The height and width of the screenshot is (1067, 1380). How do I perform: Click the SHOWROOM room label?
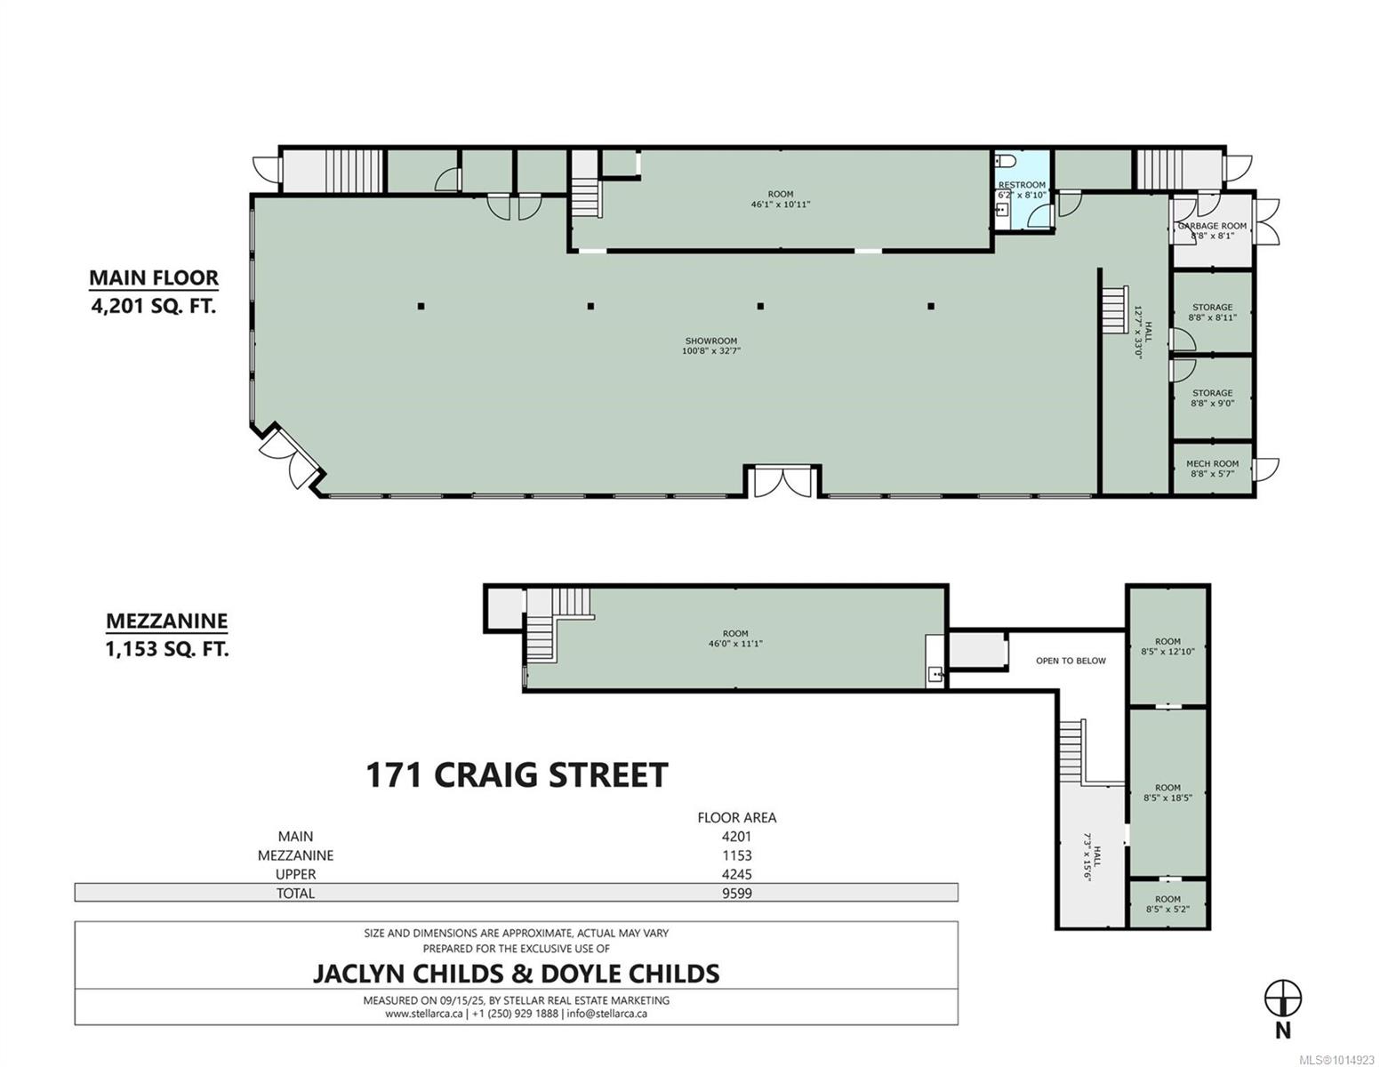point(710,341)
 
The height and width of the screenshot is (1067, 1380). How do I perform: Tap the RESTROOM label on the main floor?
point(1021,185)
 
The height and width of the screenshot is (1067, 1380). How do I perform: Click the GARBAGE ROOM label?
point(1212,225)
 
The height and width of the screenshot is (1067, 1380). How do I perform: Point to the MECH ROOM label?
point(1212,463)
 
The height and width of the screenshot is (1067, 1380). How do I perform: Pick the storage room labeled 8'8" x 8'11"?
point(1212,312)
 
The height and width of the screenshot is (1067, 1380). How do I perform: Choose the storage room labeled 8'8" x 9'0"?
point(1212,398)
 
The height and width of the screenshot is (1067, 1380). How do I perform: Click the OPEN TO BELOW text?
point(1071,661)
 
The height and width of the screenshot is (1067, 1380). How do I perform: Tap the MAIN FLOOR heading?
point(154,278)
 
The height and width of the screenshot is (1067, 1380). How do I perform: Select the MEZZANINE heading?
point(167,621)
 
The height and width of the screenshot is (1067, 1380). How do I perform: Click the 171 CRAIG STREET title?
point(517,775)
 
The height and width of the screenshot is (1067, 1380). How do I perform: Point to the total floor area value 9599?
point(736,893)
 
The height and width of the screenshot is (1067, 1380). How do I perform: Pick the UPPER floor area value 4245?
point(736,874)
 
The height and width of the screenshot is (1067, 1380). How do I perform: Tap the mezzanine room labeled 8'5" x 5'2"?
point(1167,904)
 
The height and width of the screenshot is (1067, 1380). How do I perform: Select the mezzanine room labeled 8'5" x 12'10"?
point(1167,646)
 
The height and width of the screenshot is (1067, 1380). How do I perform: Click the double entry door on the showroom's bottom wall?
point(782,481)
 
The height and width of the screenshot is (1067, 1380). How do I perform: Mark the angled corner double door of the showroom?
point(290,456)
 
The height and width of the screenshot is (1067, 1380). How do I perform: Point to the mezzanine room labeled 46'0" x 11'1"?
point(735,638)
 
